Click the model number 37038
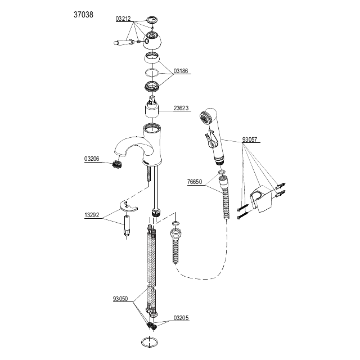tap(83, 15)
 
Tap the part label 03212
tap(123, 19)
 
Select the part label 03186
tap(181, 71)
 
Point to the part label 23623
tap(181, 108)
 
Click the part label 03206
tap(92, 159)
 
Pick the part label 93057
tap(250, 139)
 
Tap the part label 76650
tap(195, 182)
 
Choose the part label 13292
tap(92, 215)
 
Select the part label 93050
tap(120, 299)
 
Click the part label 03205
tap(181, 318)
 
